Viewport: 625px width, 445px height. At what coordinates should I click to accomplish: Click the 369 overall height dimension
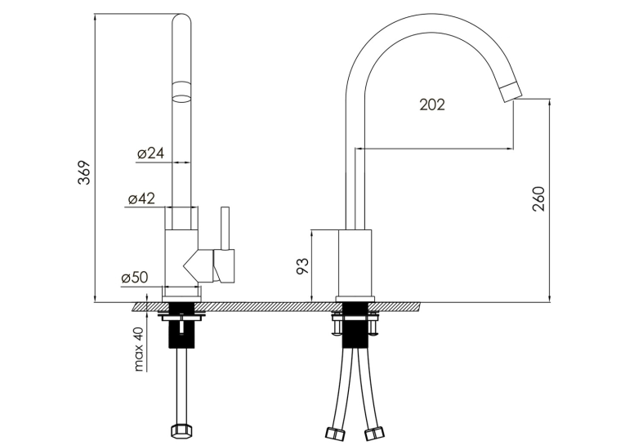click(84, 172)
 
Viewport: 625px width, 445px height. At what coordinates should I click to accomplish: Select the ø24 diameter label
click(150, 153)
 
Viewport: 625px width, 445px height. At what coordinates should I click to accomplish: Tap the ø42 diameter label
click(141, 198)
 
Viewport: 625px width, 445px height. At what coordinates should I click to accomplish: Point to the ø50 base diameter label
click(135, 278)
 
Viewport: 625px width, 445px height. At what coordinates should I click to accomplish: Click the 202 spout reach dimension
click(432, 105)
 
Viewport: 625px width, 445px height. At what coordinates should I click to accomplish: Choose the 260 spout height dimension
click(538, 198)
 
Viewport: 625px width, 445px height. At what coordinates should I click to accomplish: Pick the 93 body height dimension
click(303, 266)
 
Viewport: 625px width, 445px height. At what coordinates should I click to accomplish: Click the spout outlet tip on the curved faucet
click(511, 92)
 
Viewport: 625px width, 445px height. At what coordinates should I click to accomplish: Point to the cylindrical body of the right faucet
click(355, 264)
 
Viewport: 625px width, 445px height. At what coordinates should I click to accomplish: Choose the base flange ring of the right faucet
click(355, 300)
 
